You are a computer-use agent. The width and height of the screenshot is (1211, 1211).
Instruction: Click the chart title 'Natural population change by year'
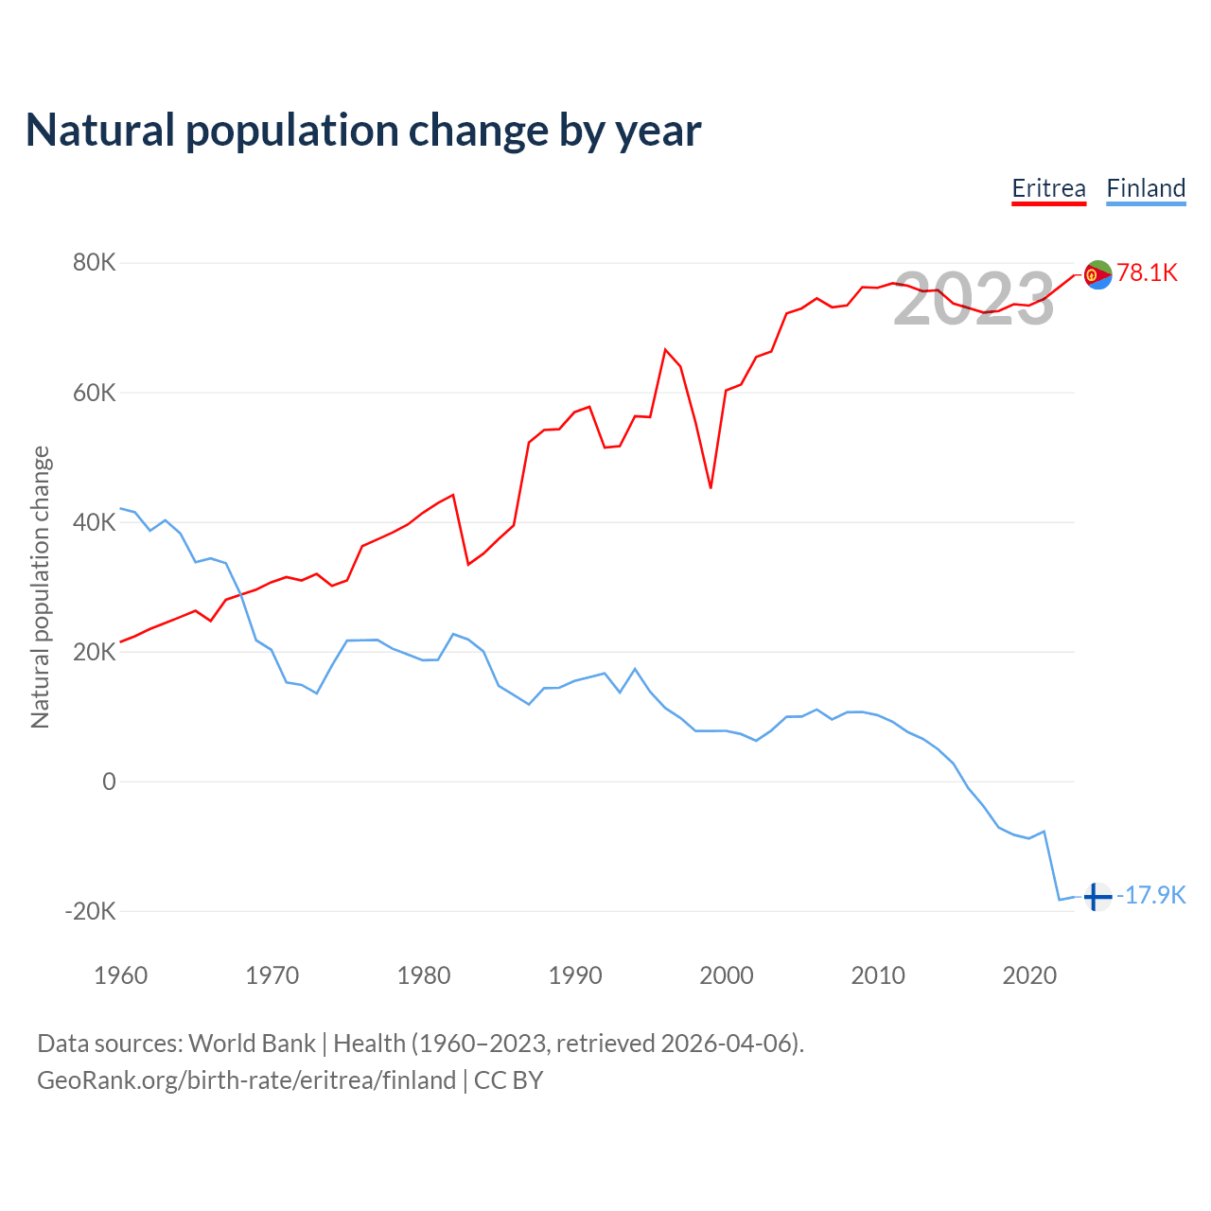(363, 131)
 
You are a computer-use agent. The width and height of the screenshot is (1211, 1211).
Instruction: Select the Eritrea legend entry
(1048, 188)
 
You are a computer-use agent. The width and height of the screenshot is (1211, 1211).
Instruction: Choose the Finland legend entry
(1146, 188)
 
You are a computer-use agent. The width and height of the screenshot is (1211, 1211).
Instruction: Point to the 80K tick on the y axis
(95, 263)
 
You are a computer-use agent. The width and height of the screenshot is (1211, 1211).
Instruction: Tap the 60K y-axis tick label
(95, 393)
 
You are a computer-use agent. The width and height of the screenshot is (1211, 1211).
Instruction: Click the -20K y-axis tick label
(91, 911)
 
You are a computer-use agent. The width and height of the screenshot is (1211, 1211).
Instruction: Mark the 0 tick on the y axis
(109, 781)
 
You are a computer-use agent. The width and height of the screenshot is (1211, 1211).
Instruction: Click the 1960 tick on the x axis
(121, 975)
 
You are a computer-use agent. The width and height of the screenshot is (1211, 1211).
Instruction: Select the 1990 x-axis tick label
(575, 975)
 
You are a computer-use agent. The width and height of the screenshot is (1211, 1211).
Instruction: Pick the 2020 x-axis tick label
(1029, 975)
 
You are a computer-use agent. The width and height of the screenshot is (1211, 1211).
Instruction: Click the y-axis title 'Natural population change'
(41, 587)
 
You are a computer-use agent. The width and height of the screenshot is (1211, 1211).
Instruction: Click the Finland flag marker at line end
(1097, 896)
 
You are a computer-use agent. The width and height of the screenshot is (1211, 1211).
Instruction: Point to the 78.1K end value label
(1147, 273)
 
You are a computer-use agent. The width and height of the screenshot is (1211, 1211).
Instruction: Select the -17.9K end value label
(1151, 896)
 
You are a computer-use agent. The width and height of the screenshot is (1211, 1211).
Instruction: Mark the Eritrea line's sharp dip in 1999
(711, 487)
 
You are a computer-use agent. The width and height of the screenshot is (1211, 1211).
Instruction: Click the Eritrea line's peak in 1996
(666, 350)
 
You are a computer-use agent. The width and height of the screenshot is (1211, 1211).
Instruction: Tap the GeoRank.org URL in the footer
(247, 1080)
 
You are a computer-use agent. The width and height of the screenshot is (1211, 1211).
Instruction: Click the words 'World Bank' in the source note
(252, 1044)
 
